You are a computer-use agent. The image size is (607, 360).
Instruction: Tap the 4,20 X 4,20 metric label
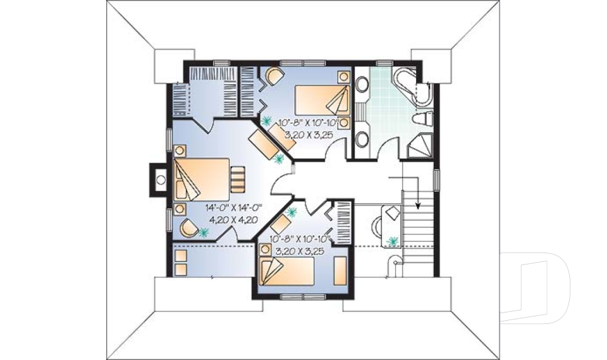tap(233, 220)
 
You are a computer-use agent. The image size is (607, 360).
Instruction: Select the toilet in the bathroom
tap(422, 120)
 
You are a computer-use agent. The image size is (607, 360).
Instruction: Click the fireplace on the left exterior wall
tap(158, 179)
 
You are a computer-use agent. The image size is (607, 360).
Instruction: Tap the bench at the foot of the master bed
tap(236, 178)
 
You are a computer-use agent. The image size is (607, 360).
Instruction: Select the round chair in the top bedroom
tap(274, 78)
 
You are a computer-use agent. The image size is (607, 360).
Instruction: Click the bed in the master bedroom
tap(202, 178)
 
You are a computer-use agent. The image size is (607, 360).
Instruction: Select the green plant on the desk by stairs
tap(393, 241)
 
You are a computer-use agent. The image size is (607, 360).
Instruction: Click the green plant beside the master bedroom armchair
tap(204, 233)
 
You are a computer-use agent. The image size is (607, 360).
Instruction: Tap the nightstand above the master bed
tap(180, 151)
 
